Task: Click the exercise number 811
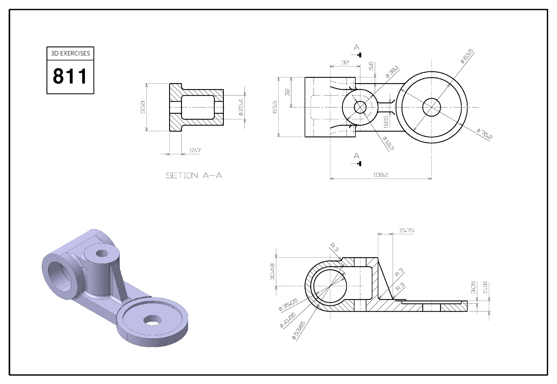[70, 76]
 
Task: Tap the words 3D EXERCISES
[70, 53]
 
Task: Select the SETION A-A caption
[194, 176]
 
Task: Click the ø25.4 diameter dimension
[241, 107]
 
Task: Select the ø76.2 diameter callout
[485, 134]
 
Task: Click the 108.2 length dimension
[380, 175]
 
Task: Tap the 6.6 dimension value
[371, 66]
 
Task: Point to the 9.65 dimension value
[386, 122]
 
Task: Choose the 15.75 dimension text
[406, 230]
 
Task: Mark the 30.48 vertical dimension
[272, 272]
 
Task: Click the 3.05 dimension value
[473, 287]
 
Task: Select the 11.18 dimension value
[485, 287]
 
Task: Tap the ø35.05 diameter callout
[288, 305]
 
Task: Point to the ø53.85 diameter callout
[298, 330]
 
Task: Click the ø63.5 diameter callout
[467, 56]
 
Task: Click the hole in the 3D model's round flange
[153, 320]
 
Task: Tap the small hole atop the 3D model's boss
[102, 254]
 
